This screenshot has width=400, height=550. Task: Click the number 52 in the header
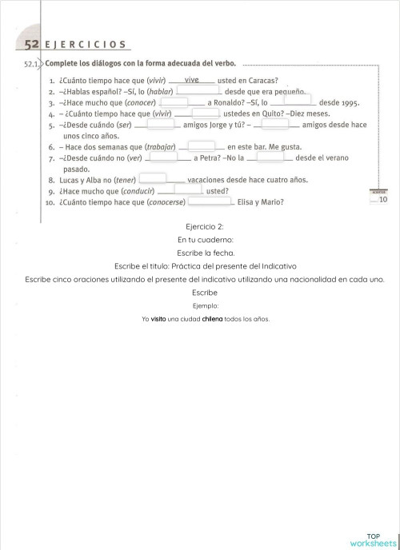(32, 45)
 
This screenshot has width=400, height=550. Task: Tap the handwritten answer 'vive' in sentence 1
(191, 80)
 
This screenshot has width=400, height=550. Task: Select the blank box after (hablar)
(198, 91)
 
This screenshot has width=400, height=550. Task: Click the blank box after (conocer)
(184, 102)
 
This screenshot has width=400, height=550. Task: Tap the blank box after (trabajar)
(202, 146)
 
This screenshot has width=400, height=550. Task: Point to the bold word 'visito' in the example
(158, 319)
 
